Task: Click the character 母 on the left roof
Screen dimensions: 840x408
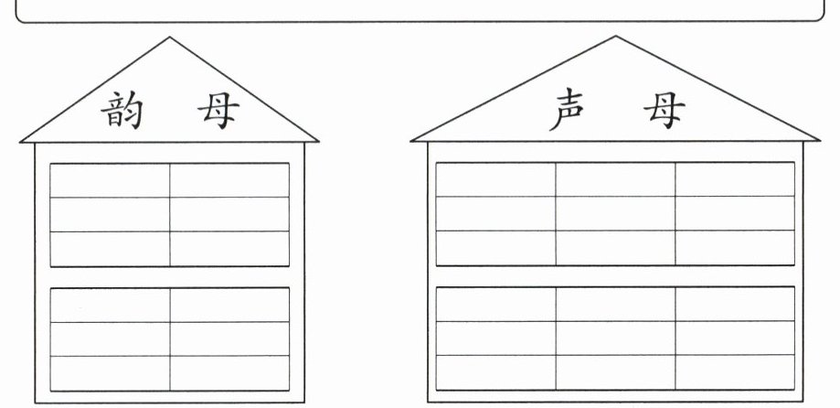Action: pos(218,111)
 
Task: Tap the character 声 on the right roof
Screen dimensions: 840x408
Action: pos(569,111)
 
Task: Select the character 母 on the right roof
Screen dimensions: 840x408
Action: pos(663,111)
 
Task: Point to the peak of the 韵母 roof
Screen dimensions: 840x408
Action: pos(169,38)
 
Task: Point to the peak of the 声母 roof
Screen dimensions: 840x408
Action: pos(615,38)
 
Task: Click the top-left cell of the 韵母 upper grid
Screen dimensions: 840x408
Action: pos(110,180)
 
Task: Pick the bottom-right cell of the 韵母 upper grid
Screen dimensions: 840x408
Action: pos(229,248)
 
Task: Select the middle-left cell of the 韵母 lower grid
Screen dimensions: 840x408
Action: pos(110,338)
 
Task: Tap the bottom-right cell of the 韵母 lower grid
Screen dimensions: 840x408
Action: pos(229,372)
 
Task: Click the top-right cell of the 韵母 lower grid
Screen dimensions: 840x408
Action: pos(229,305)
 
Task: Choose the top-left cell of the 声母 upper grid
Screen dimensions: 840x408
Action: pos(495,179)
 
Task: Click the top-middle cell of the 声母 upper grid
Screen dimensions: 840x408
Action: pos(615,179)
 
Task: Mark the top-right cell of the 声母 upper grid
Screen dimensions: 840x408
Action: pos(735,179)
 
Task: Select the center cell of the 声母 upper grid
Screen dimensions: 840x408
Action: pos(615,213)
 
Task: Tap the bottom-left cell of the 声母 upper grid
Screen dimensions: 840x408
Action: pos(495,247)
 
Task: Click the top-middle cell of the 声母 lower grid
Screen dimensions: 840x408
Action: pos(615,304)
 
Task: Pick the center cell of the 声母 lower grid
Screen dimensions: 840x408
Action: pos(615,338)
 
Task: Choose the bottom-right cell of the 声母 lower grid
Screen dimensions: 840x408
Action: pos(735,371)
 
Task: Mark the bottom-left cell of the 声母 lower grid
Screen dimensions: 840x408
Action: pos(495,371)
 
